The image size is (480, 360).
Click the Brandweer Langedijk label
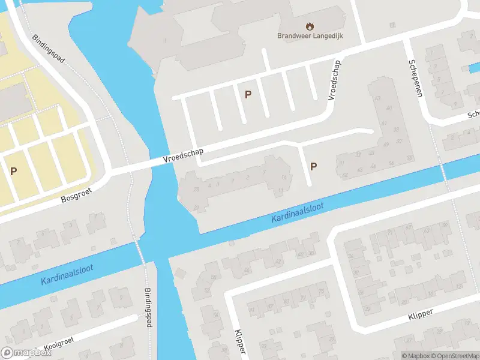tap(309, 35)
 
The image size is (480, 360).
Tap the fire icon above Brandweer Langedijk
tap(310, 26)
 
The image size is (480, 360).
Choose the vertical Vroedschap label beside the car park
tap(334, 80)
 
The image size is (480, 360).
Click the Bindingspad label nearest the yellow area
tap(49, 48)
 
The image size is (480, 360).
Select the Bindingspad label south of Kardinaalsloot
tap(148, 307)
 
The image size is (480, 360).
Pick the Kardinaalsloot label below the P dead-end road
tap(297, 213)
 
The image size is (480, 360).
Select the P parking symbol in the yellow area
tap(13, 171)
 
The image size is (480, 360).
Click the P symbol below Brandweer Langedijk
tap(247, 94)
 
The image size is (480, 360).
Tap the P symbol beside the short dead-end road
tap(313, 166)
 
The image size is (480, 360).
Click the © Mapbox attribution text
tap(416, 356)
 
